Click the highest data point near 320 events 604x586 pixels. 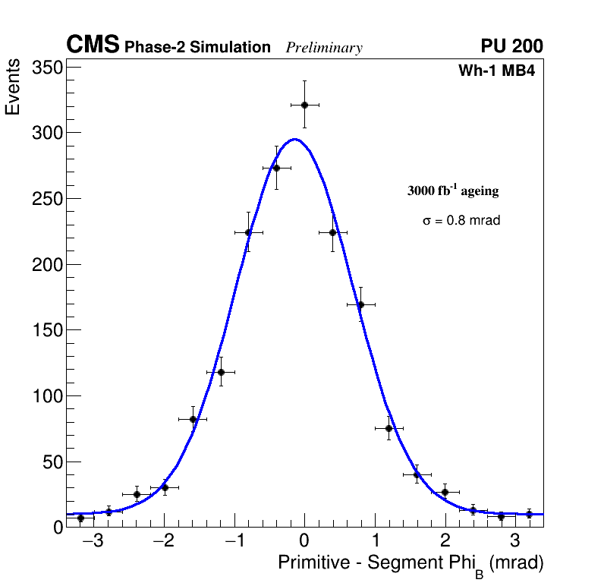click(304, 105)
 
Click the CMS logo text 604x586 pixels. click(93, 46)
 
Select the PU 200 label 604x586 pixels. click(511, 46)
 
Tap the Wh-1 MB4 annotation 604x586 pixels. click(498, 71)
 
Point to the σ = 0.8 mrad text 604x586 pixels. click(461, 221)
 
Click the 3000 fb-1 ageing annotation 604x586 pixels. click(453, 191)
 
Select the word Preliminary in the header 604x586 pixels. click(324, 48)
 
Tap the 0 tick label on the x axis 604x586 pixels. click(304, 542)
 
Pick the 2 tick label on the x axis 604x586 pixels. click(445, 542)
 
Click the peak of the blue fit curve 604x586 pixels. click(294, 139)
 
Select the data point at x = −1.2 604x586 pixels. click(221, 372)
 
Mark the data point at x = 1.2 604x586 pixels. click(389, 428)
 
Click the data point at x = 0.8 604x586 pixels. click(360, 304)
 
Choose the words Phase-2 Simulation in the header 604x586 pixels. click(197, 48)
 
